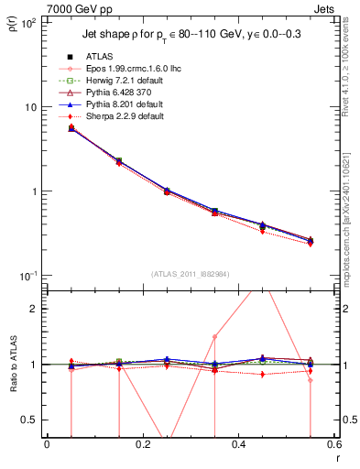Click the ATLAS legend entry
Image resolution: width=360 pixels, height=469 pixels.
pyautogui.click(x=99, y=57)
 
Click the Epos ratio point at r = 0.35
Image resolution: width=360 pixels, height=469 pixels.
pyautogui.click(x=214, y=336)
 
